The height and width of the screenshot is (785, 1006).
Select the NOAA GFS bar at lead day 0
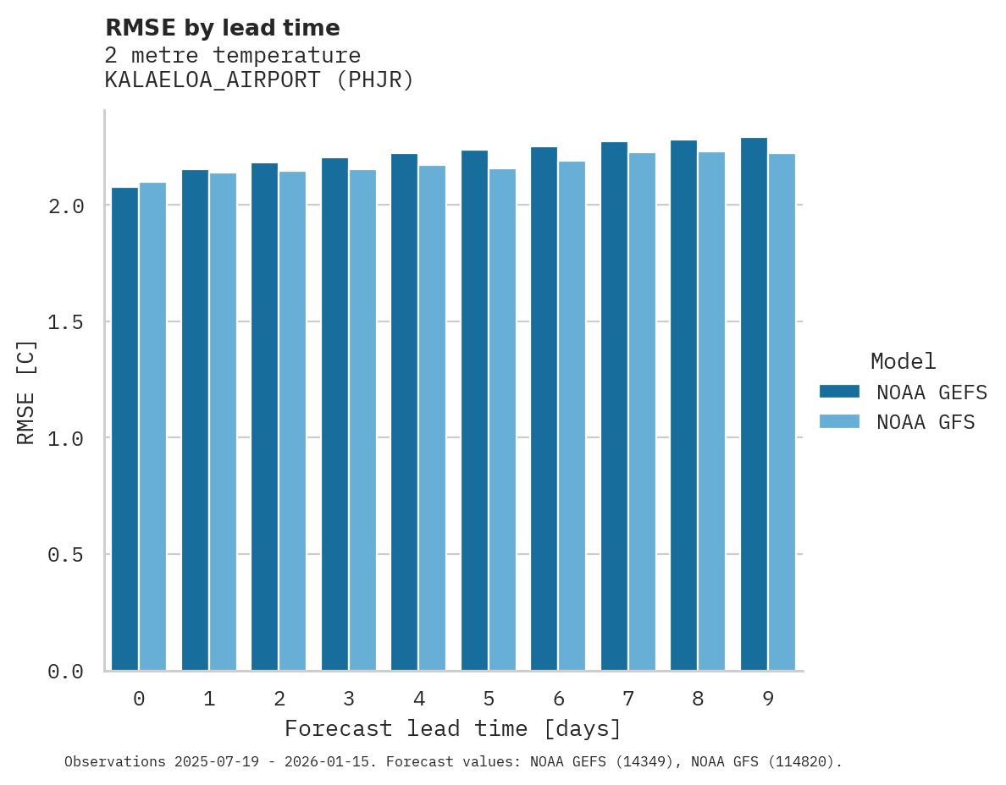[x=152, y=426]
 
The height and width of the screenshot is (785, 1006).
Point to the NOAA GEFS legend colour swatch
[x=839, y=392]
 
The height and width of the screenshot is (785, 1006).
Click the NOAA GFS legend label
[x=926, y=422]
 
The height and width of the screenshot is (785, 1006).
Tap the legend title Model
[x=903, y=362]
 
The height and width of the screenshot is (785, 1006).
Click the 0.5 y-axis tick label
[x=65, y=555]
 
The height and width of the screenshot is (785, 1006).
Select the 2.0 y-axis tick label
[x=65, y=206]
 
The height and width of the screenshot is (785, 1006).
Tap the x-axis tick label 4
[x=418, y=699]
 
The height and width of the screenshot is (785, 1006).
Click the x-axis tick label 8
[x=698, y=699]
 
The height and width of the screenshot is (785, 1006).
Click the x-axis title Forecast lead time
[x=453, y=729]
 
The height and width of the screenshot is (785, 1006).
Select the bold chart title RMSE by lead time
[x=222, y=28]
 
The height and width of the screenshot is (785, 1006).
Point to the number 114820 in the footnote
[x=800, y=762]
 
